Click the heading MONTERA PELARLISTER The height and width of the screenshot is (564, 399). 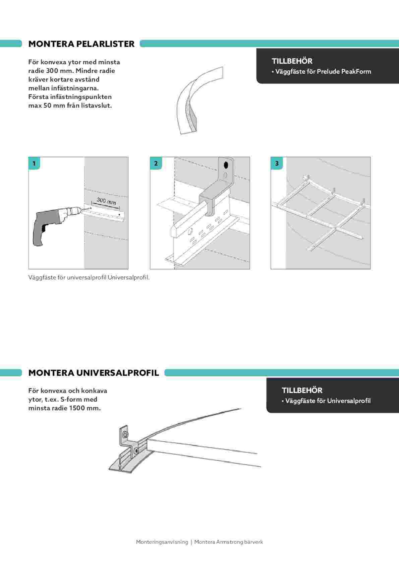click(81, 44)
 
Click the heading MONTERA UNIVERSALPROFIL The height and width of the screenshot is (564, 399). click(94, 373)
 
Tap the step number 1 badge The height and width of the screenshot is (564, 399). click(34, 163)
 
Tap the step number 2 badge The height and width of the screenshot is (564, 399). click(156, 163)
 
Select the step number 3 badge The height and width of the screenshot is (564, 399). click(277, 163)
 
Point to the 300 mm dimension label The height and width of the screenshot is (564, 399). click(106, 201)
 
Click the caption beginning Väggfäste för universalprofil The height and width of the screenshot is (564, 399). click(89, 278)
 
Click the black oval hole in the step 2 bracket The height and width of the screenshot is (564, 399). click(226, 165)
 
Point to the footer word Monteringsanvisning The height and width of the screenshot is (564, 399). click(162, 542)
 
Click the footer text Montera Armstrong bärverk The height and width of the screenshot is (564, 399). click(228, 542)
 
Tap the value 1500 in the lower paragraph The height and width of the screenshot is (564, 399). click(78, 408)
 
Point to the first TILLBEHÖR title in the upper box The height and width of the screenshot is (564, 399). click(292, 61)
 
